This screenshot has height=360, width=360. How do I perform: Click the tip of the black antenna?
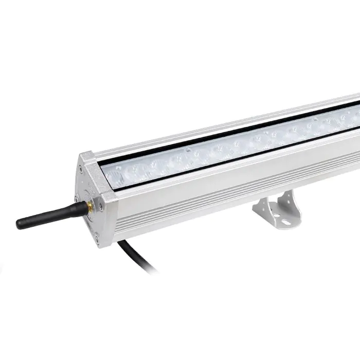pyautogui.click(x=20, y=224)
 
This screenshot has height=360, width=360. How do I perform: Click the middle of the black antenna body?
pyautogui.click(x=51, y=215)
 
